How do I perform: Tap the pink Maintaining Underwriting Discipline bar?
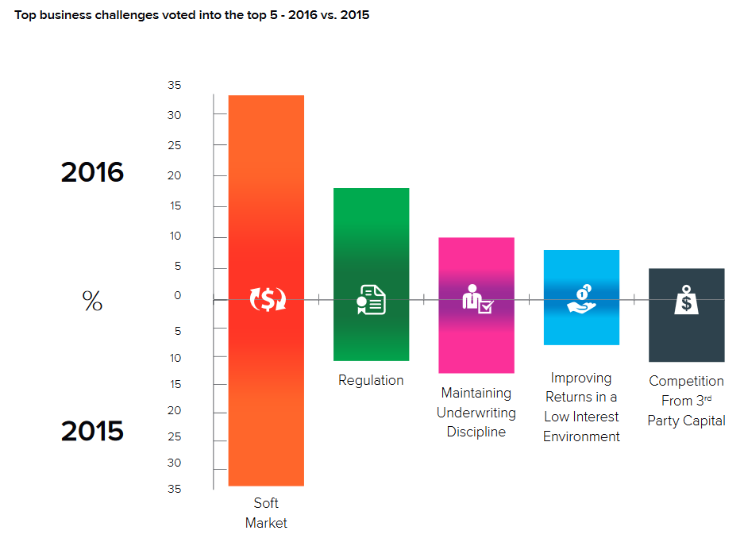[476, 341]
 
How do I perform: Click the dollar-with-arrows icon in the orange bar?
[268, 300]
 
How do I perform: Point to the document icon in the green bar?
[371, 300]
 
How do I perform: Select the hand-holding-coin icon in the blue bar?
[581, 298]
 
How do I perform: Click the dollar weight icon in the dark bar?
[686, 300]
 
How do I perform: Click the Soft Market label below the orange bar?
[266, 513]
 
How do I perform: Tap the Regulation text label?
[371, 380]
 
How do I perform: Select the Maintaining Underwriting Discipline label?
[476, 413]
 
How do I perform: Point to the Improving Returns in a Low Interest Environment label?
[581, 407]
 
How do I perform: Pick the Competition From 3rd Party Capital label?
[686, 401]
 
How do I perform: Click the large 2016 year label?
[92, 172]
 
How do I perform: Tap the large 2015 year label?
[92, 431]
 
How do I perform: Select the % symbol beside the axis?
[92, 301]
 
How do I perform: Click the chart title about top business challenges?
[191, 15]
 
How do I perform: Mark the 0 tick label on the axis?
[178, 296]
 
